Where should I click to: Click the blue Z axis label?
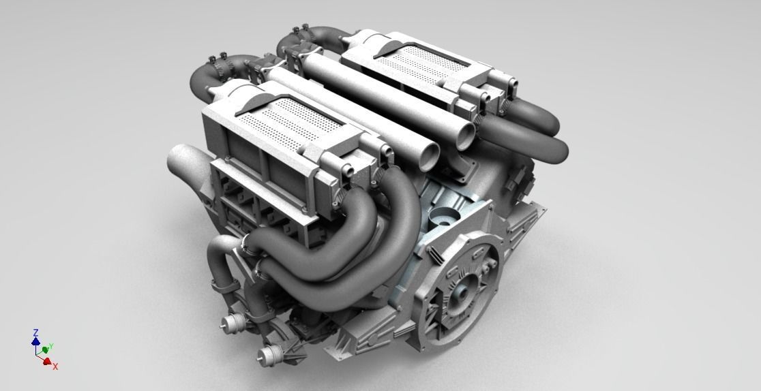click(x=35, y=332)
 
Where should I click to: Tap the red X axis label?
click(x=55, y=366)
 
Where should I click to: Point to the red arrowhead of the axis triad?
click(x=47, y=362)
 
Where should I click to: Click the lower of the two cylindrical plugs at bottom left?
click(x=271, y=353)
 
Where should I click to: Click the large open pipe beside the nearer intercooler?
click(x=182, y=159)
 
